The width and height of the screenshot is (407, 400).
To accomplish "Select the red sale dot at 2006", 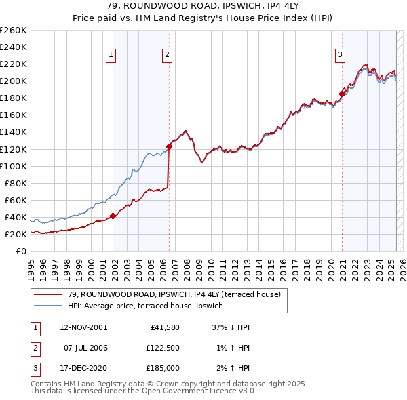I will coord(169,146).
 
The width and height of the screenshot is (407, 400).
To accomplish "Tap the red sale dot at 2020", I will coord(343,94).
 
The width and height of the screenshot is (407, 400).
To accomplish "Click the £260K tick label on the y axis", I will coord(14,31).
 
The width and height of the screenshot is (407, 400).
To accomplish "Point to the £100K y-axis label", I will coord(14,166).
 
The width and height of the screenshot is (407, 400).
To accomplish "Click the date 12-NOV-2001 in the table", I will coord(83,327).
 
